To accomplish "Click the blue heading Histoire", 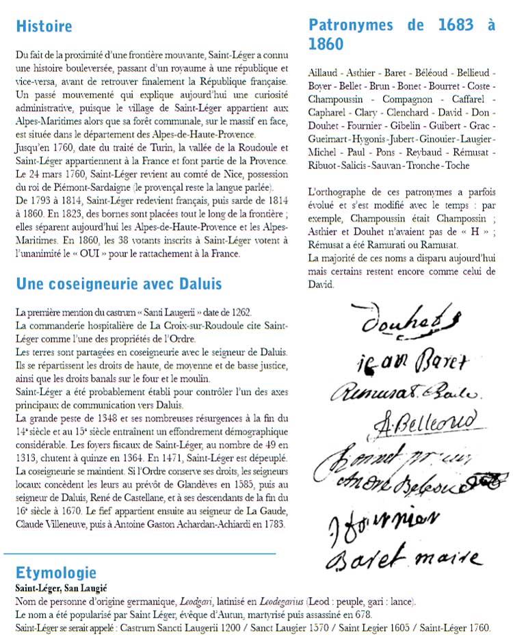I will click(44, 27).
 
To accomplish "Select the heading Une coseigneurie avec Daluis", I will click(118, 283).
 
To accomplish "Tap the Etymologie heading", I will click(56, 573).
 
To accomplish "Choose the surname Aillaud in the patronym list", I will click(324, 72).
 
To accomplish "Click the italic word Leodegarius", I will click(263, 602).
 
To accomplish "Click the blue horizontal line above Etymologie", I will click(140, 553).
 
